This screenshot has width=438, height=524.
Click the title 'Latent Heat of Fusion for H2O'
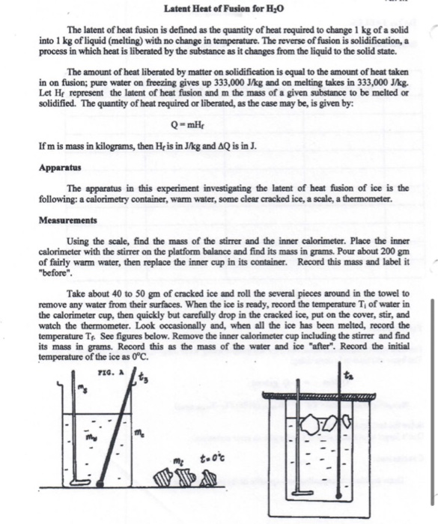217,8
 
